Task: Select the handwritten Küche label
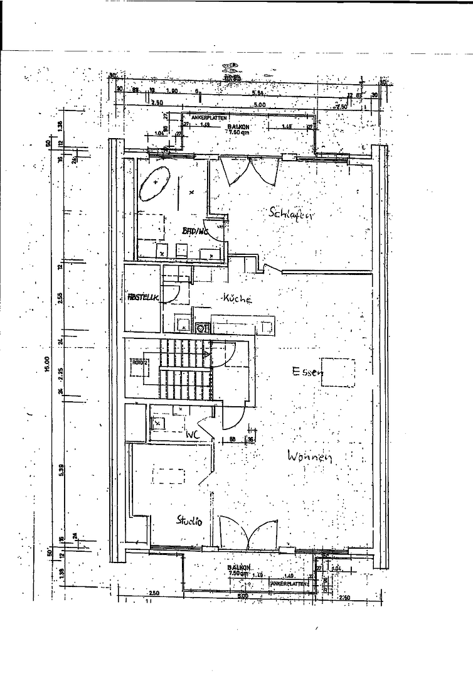pos(236,299)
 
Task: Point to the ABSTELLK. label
pos(142,298)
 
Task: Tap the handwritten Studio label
pos(189,520)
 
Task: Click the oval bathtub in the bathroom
pos(155,183)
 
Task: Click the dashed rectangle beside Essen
pos(337,372)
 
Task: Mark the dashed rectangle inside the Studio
pos(169,475)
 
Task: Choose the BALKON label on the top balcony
pos(238,126)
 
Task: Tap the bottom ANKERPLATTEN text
pos(290,583)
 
